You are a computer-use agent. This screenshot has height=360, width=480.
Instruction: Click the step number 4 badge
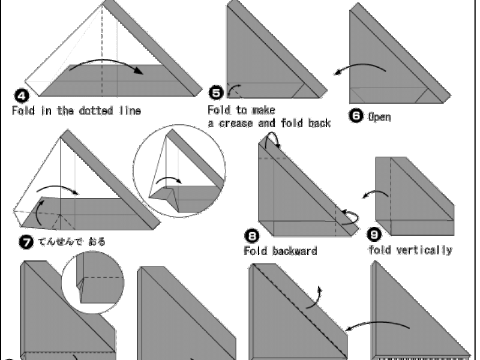tap(22, 96)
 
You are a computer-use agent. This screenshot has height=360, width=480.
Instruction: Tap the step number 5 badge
tap(216, 93)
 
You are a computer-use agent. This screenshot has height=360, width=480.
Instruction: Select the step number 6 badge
tap(356, 116)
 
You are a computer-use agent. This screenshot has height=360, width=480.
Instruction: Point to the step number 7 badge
tap(26, 242)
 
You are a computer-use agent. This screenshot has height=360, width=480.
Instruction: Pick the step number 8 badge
tap(251, 236)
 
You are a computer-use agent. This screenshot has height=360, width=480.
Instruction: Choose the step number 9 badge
tap(374, 235)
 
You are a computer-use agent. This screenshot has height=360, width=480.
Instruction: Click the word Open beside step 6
tap(379, 117)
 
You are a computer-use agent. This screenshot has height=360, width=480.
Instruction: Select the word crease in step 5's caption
tap(236, 124)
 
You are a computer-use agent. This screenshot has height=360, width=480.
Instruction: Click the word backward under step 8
tap(295, 251)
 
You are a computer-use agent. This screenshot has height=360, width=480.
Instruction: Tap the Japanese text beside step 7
tap(71, 242)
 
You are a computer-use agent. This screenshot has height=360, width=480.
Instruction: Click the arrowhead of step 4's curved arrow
tap(139, 70)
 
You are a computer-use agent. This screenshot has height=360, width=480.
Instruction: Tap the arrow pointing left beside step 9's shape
tap(376, 193)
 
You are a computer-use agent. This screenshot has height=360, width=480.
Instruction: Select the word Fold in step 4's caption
tap(23, 110)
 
